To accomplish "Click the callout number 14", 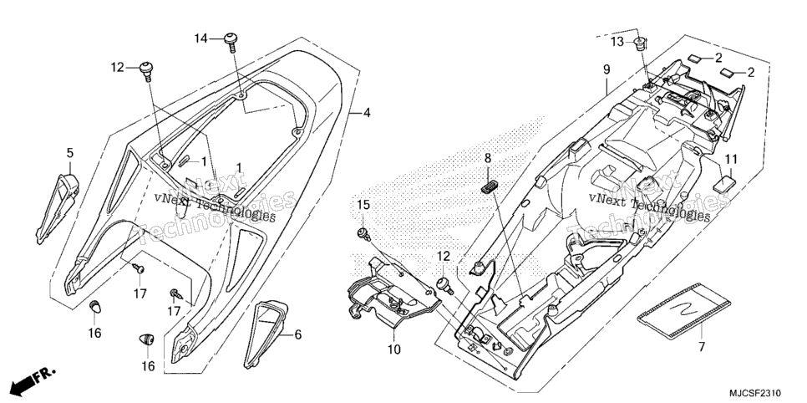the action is pyautogui.click(x=200, y=38).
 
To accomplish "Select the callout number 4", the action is pyautogui.click(x=366, y=112).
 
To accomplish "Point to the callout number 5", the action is pyautogui.click(x=70, y=152).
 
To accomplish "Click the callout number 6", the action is pyautogui.click(x=298, y=335).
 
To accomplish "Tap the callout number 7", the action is pyautogui.click(x=701, y=347).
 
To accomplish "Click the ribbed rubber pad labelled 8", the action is pyautogui.click(x=490, y=186).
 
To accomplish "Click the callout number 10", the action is pyautogui.click(x=393, y=350).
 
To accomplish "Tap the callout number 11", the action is pyautogui.click(x=731, y=159).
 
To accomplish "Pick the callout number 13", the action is pyautogui.click(x=617, y=42).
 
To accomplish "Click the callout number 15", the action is pyautogui.click(x=363, y=205).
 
